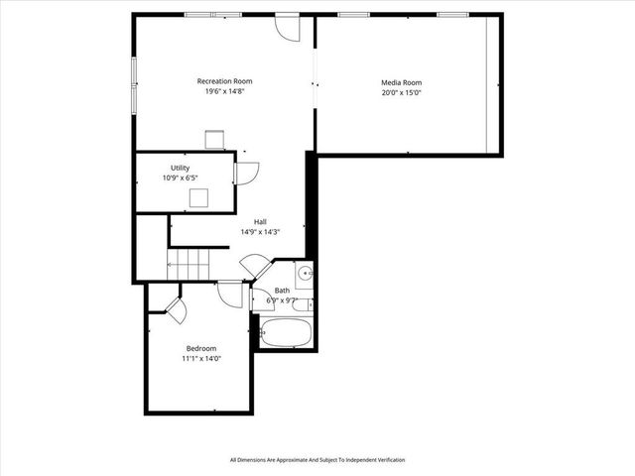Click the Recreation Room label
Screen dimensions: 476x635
pos(224,80)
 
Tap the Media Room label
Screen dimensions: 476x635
pos(402,83)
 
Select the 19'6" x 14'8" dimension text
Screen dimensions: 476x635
pos(224,91)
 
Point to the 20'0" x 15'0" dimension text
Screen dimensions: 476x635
pos(402,94)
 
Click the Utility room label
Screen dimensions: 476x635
pos(180,169)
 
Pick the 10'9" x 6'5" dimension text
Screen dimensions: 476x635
pos(181,178)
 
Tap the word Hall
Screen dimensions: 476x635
pos(260,221)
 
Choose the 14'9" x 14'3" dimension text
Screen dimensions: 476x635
pos(260,232)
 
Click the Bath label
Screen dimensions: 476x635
pos(283,291)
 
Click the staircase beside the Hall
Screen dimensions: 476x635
pos(190,265)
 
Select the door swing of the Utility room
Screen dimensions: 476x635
pos(245,173)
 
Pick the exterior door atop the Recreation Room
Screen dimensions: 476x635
pos(287,25)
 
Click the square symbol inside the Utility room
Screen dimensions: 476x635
pos(199,196)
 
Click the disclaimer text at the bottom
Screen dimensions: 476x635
pos(317,460)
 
